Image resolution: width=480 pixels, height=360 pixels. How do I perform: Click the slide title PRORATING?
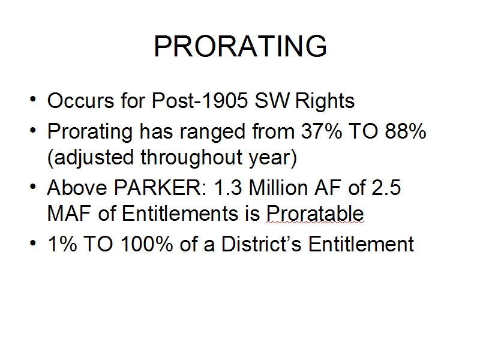pyautogui.click(x=241, y=46)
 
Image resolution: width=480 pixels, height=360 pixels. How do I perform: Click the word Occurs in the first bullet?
pyautogui.click(x=80, y=100)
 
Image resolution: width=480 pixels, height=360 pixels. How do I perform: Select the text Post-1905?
pyautogui.click(x=200, y=100)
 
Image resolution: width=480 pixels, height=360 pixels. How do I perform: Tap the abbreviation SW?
pyautogui.click(x=272, y=100)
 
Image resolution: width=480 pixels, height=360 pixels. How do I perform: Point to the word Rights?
pyautogui.click(x=325, y=101)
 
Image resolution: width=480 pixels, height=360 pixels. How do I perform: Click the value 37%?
pyautogui.click(x=322, y=131)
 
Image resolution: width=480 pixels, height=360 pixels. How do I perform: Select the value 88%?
pyautogui.click(x=406, y=131)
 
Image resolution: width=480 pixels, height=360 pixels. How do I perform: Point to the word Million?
pyautogui.click(x=278, y=187)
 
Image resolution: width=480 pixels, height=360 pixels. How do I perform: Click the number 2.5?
pyautogui.click(x=386, y=187)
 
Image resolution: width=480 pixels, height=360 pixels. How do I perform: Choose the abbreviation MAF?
pyautogui.click(x=69, y=213)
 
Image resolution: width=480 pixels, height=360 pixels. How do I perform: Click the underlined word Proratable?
pyautogui.click(x=315, y=213)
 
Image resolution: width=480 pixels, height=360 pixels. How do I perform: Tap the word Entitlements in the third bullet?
pyautogui.click(x=180, y=213)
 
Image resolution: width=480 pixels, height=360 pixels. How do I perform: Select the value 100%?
pyautogui.click(x=146, y=244)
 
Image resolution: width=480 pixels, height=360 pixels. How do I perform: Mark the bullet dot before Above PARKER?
pyautogui.click(x=33, y=186)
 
